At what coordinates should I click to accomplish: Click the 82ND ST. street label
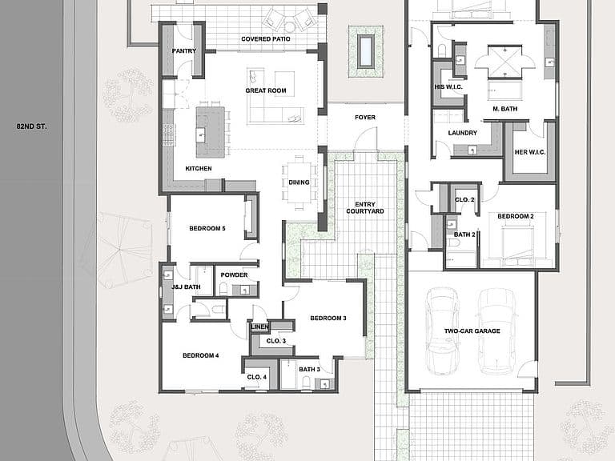[x=31, y=126]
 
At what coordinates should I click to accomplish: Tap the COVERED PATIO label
[x=266, y=38]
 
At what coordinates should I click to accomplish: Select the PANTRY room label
[x=184, y=50]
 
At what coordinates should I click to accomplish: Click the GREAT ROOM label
[x=266, y=90]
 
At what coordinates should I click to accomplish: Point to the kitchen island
[x=211, y=132]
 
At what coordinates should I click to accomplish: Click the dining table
[x=299, y=182]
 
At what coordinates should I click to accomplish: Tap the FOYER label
[x=365, y=117]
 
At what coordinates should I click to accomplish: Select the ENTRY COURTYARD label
[x=365, y=208]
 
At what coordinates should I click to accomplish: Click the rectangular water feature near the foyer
[x=365, y=51]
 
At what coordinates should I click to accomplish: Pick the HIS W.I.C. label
[x=448, y=87]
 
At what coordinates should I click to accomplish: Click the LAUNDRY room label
[x=462, y=133]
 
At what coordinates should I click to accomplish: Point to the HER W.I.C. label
[x=530, y=152]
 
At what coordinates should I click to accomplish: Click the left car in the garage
[x=442, y=331]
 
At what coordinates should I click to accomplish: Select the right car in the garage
[x=496, y=331]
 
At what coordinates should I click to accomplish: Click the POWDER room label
[x=234, y=275]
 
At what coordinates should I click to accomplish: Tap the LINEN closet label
[x=259, y=327]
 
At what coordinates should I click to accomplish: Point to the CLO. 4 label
[x=256, y=377]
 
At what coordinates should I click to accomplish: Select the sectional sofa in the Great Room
[x=275, y=115]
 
